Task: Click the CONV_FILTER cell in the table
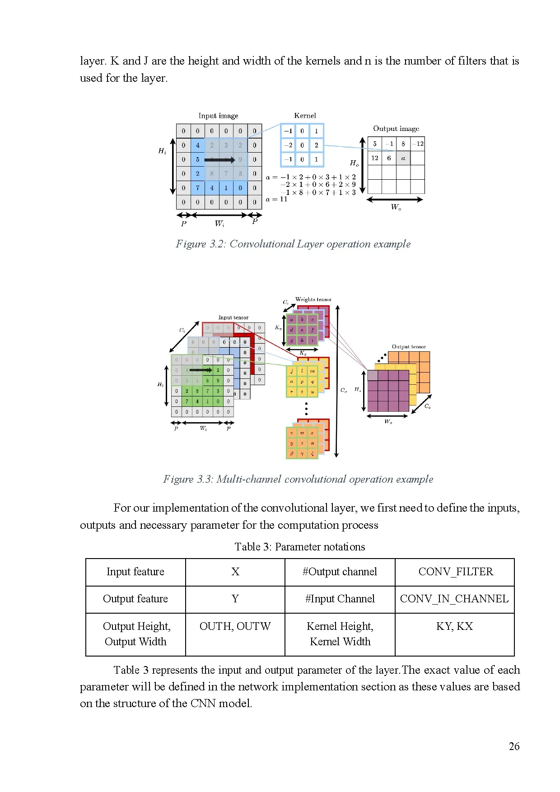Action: tap(455, 572)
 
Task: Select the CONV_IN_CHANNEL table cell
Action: tap(454, 599)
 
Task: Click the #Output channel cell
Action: tap(340, 572)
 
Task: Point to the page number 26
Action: tap(514, 746)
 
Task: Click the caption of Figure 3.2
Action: tap(293, 244)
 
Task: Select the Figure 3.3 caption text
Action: tap(298, 479)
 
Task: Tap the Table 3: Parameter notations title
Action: tap(299, 547)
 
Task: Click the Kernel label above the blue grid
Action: tap(305, 116)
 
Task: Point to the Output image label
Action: tap(396, 129)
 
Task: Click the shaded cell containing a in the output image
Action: tap(403, 158)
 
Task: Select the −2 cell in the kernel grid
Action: tap(288, 145)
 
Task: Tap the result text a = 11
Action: tap(276, 199)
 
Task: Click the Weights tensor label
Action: tap(313, 299)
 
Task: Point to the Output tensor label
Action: tap(409, 347)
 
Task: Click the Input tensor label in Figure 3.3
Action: tap(233, 317)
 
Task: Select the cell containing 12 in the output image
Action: tap(375, 158)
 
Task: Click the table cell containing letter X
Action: tap(235, 572)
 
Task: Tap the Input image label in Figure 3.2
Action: tap(218, 116)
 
